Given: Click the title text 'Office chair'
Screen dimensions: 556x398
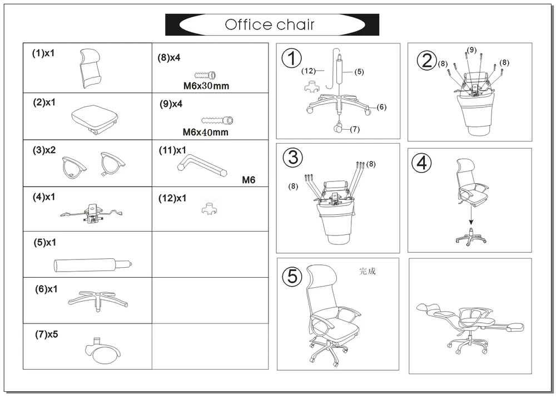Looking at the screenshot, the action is [270, 24].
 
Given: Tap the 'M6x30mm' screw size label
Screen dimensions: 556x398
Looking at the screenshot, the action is [206, 86].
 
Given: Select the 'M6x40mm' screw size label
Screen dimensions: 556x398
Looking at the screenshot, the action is [205, 132].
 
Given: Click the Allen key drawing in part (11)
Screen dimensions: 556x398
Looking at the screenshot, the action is [202, 166].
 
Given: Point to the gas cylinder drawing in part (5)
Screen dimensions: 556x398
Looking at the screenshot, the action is [93, 265].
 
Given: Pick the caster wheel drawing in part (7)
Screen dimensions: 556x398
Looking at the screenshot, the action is [102, 351].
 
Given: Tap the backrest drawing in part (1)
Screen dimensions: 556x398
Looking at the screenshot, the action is [90, 68].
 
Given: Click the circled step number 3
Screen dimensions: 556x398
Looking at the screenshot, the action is [293, 158].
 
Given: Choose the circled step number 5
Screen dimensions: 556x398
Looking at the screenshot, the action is [292, 276].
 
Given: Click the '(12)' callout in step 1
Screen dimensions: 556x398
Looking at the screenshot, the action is [308, 71].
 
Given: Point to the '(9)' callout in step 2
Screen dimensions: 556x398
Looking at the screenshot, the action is [471, 50].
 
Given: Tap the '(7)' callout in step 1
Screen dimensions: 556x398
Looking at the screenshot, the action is [355, 129].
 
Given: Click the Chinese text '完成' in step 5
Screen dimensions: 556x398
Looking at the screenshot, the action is [368, 271].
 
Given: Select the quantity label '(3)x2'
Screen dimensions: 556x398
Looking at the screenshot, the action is [44, 150].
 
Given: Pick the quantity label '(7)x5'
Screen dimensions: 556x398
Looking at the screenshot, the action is [47, 334].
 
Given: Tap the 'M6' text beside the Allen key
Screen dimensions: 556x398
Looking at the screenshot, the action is [249, 180].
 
